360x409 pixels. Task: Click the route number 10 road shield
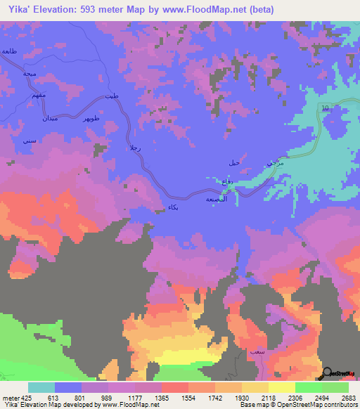(x=325, y=108)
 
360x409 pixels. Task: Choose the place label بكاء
(x=173, y=207)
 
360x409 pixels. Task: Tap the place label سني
(x=29, y=141)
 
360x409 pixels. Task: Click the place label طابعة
(x=8, y=52)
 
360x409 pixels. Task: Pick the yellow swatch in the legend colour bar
(x=281, y=387)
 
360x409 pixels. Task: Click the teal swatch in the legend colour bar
(x=41, y=387)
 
